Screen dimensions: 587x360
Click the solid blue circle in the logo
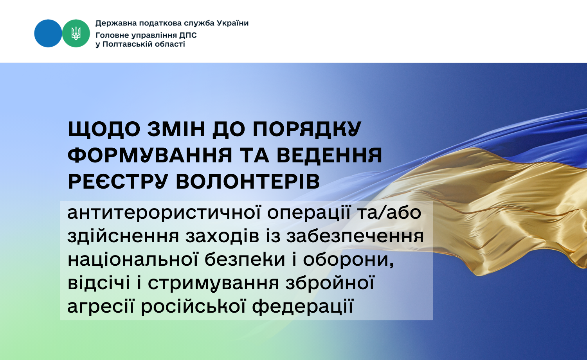pyautogui.click(x=48, y=33)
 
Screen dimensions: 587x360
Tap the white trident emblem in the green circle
pyautogui.click(x=76, y=33)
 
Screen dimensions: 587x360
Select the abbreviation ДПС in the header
pyautogui.click(x=188, y=35)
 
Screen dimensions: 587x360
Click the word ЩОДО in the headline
pyautogui.click(x=104, y=130)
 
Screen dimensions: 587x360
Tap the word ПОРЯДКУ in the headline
pyautogui.click(x=307, y=129)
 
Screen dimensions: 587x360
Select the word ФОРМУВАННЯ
pyautogui.click(x=150, y=155)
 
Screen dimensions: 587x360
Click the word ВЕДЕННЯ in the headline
pyautogui.click(x=330, y=155)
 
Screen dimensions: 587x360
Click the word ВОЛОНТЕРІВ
pyautogui.click(x=248, y=181)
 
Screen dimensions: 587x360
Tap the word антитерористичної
pyautogui.click(x=164, y=213)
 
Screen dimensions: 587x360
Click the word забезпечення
pyautogui.click(x=355, y=236)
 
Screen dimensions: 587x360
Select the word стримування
pyautogui.click(x=214, y=283)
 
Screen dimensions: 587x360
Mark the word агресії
pyautogui.click(x=101, y=306)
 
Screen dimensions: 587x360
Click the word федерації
pyautogui.click(x=303, y=306)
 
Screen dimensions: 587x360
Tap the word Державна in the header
pyautogui.click(x=116, y=23)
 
